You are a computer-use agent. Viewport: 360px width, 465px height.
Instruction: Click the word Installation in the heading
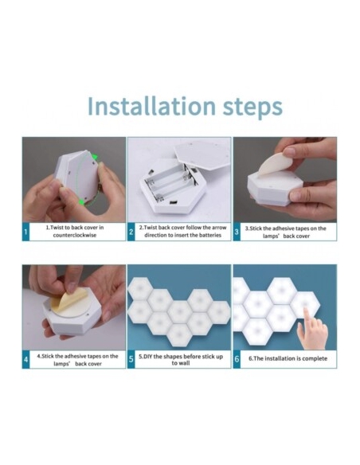pos(151,106)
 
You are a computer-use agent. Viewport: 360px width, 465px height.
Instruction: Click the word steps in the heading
pos(252,108)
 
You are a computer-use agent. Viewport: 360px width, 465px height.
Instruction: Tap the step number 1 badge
pos(25,232)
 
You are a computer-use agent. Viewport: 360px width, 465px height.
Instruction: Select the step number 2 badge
pos(131,232)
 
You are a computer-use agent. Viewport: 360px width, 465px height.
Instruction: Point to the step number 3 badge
pos(237,232)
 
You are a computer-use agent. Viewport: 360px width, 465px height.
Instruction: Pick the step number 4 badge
pos(25,359)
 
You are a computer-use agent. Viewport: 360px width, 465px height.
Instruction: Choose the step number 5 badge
pos(131,359)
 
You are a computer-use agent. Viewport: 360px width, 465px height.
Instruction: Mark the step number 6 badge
pos(237,359)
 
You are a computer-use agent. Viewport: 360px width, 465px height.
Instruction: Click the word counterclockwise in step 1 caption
pos(75,235)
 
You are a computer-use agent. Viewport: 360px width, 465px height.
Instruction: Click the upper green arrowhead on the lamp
pos(95,157)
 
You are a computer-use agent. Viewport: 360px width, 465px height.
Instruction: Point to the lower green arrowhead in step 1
pos(81,202)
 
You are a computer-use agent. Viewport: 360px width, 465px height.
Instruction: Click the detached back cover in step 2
pos(202,154)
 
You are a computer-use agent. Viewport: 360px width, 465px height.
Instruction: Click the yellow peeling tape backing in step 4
pos(68,300)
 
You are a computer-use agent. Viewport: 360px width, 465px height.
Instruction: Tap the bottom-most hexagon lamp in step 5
pos(179,334)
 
